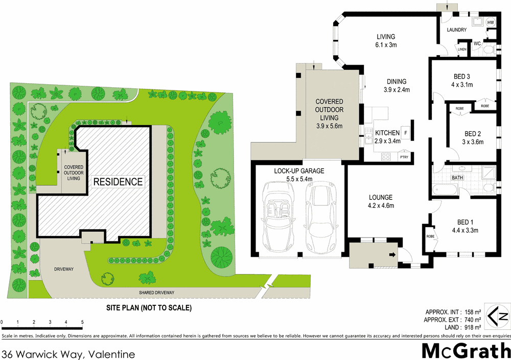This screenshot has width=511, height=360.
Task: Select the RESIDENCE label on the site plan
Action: (x=118, y=181)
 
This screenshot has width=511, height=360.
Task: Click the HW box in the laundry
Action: (x=491, y=23)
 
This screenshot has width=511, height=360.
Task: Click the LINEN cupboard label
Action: (x=462, y=50)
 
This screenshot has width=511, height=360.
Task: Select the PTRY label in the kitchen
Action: (x=404, y=157)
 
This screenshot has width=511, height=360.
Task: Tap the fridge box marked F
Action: (x=406, y=133)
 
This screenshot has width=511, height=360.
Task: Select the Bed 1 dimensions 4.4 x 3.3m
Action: (x=463, y=230)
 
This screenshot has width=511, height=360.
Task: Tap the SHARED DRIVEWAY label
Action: (x=157, y=293)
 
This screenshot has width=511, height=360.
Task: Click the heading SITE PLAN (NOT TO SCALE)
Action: (x=148, y=308)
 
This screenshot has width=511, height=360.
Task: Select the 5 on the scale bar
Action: (x=82, y=322)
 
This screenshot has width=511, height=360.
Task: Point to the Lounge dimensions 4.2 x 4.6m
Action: (x=381, y=206)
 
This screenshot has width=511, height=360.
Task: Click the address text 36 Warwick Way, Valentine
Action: (x=69, y=353)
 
